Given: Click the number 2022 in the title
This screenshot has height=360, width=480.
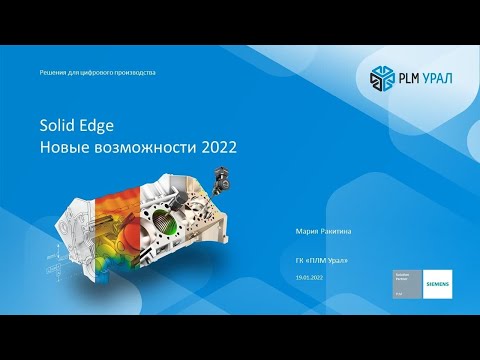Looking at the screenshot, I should point(221,146).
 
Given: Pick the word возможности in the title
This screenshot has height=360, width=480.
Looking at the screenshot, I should point(144,146).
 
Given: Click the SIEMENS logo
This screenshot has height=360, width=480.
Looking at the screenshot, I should point(437,284).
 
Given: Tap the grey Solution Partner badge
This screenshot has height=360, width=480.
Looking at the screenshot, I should point(405,284).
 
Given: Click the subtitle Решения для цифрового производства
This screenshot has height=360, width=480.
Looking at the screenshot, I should point(97,73).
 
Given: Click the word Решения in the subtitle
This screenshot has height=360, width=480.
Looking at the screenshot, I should point(52,73).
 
